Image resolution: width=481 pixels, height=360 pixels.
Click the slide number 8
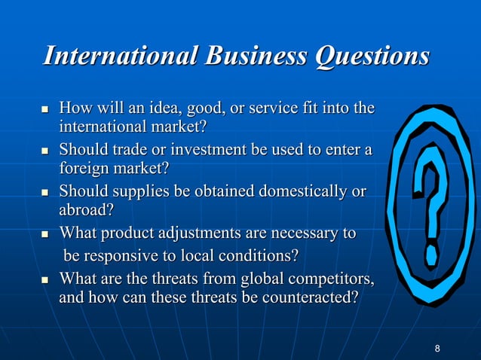(438, 347)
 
